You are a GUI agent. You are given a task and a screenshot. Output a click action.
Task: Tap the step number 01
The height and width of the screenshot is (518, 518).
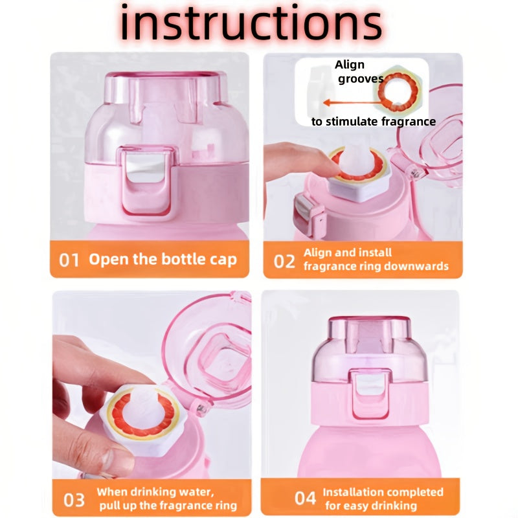pos(69,260)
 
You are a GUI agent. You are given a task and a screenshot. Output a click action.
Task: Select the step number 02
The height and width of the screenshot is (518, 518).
pos(284,261)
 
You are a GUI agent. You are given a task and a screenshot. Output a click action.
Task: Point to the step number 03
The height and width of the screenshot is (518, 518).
pos(73,500)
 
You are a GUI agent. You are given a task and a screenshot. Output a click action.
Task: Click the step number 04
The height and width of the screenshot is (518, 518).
pos(305,498)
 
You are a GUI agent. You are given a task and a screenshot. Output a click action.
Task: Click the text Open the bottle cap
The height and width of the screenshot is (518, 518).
pos(163,260)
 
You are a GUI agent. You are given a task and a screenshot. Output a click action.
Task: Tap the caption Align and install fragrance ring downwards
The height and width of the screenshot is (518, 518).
pos(376,260)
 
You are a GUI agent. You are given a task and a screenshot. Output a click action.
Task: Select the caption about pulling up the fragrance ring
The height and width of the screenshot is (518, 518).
pos(166,499)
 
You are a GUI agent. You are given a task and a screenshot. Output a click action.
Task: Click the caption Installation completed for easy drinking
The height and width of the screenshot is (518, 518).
pos(383,499)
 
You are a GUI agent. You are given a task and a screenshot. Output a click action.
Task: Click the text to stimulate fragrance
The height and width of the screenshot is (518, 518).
pos(374,122)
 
